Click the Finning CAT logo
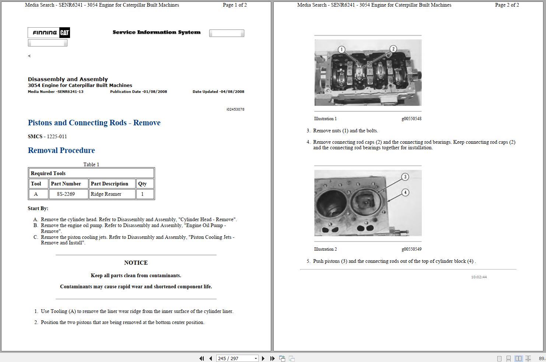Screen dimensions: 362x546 49,32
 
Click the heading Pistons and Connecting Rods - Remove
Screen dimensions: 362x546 94,123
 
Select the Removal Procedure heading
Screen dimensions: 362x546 61,150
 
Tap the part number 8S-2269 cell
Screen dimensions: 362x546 66,194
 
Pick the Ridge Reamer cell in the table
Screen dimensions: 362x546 106,194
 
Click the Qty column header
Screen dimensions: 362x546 142,184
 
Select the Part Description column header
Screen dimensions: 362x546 109,184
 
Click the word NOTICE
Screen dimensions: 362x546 136,262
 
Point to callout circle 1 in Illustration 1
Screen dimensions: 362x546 342,49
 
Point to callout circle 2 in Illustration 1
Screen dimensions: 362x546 393,49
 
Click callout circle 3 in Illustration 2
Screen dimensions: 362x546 405,177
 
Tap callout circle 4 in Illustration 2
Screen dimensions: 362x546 405,192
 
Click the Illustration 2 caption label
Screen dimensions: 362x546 325,249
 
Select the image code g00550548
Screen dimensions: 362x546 412,119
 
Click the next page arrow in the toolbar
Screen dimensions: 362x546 263,358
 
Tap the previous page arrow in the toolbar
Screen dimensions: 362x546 210,358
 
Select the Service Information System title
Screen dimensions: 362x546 157,32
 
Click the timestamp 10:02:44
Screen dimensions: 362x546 479,277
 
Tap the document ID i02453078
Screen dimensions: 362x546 235,109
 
